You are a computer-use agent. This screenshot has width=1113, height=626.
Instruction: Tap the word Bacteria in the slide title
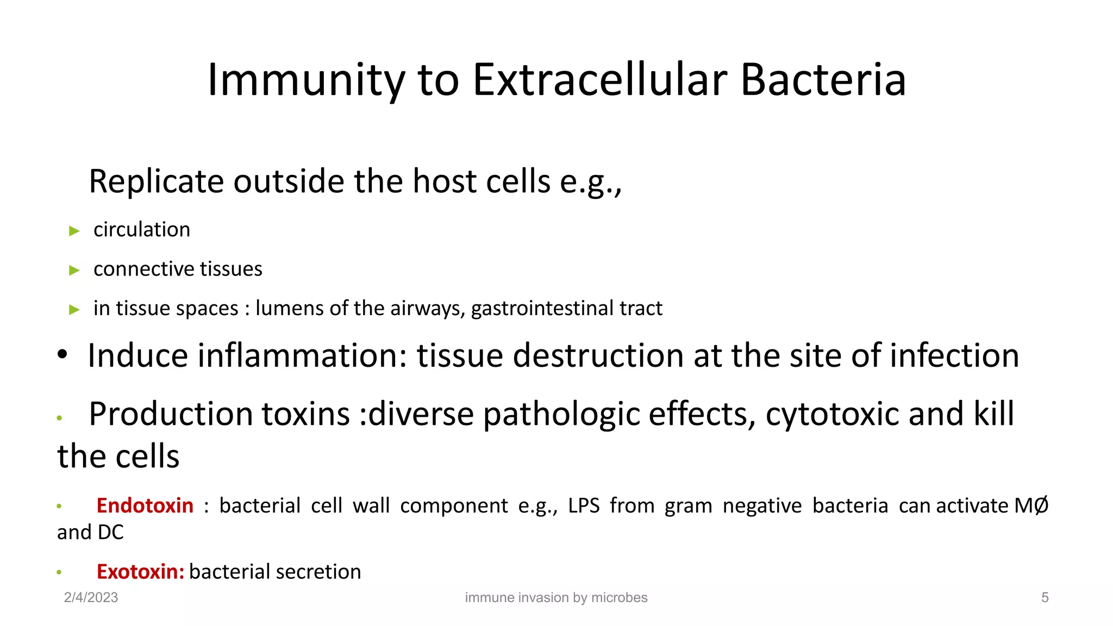click(823, 80)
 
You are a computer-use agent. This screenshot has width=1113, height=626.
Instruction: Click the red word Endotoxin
click(145, 505)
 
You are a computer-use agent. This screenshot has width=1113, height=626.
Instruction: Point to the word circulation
click(142, 230)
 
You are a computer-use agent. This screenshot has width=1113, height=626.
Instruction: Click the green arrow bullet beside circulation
click(74, 231)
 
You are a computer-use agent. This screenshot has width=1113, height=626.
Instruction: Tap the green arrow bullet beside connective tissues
click(74, 270)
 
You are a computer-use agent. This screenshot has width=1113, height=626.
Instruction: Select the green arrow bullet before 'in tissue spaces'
click(74, 310)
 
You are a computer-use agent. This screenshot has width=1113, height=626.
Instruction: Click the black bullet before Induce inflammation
click(62, 354)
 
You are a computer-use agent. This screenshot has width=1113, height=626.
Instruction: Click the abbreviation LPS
click(584, 505)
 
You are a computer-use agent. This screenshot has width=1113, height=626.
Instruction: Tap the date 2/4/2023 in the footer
click(91, 597)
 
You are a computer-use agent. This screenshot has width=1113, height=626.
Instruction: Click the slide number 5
click(1045, 597)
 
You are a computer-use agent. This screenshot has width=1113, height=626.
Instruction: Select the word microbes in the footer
click(619, 597)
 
